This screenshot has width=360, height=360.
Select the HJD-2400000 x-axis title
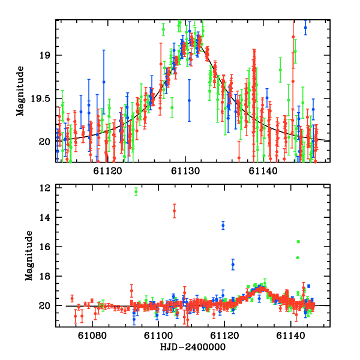tap(193, 347)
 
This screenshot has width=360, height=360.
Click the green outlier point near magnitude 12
tap(136, 191)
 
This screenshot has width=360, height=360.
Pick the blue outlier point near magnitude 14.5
tap(223, 225)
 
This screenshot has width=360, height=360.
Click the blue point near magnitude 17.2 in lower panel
tap(233, 264)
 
